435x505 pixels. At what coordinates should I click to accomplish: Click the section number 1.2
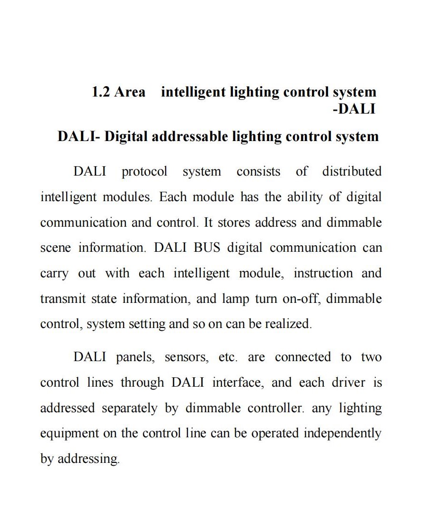pyautogui.click(x=101, y=92)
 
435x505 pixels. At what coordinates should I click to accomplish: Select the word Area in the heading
pyautogui.click(x=130, y=92)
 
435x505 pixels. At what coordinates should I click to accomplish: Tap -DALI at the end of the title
pyautogui.click(x=354, y=109)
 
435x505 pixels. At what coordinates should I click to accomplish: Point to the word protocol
pyautogui.click(x=144, y=172)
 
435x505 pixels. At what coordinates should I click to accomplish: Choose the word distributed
pyautogui.click(x=352, y=171)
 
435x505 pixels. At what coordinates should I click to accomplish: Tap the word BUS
pyautogui.click(x=207, y=248)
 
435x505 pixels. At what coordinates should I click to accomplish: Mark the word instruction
pyautogui.click(x=323, y=273)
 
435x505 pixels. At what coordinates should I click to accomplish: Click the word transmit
pyautogui.click(x=63, y=299)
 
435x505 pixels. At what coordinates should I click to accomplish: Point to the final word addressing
pyautogui.click(x=89, y=459)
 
